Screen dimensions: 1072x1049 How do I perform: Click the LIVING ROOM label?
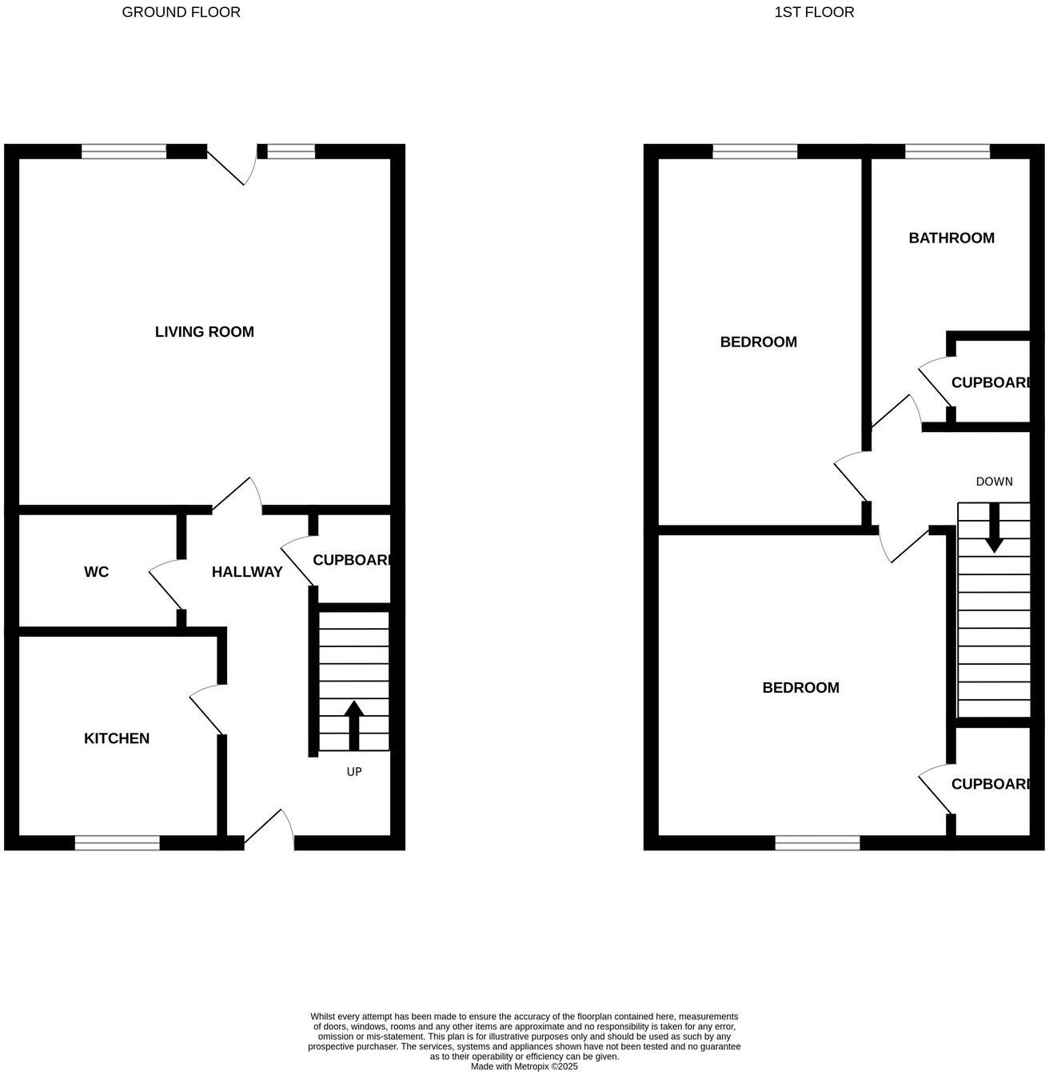click(204, 331)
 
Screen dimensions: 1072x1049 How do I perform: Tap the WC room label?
click(96, 572)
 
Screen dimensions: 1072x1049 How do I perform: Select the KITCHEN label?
click(117, 738)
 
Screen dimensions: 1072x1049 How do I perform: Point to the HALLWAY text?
click(247, 572)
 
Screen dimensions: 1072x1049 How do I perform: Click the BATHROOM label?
click(951, 238)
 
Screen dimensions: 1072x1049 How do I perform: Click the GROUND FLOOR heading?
click(181, 12)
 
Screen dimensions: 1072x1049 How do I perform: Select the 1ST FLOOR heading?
click(814, 12)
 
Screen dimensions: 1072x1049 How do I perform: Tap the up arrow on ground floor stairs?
click(353, 725)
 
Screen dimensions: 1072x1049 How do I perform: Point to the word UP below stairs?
click(354, 772)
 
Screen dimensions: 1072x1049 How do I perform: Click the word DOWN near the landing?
click(994, 482)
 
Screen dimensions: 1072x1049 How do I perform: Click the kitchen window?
click(118, 842)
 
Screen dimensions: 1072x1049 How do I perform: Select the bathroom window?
click(947, 151)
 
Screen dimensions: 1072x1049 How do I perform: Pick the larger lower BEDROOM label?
click(800, 688)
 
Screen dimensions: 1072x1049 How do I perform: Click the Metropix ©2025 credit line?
click(524, 1066)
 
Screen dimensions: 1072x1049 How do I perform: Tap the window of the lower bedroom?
click(817, 842)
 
